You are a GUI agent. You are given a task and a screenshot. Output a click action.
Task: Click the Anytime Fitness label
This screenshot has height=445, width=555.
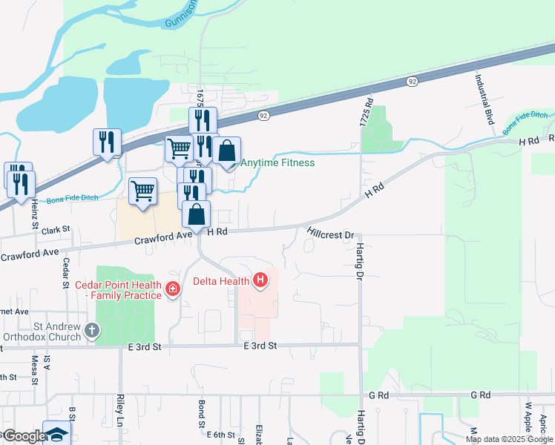coord(277,163)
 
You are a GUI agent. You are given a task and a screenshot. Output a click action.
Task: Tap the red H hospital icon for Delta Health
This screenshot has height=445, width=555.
coord(260,280)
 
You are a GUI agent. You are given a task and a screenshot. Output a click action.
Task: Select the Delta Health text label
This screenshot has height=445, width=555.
coord(222,281)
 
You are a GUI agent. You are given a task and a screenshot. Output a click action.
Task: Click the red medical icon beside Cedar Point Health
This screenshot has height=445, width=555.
coord(173,288)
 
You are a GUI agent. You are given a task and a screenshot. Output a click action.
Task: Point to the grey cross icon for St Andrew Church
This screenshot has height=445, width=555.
coord(91,331)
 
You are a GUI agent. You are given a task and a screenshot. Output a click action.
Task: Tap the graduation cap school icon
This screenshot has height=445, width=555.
coord(56,434)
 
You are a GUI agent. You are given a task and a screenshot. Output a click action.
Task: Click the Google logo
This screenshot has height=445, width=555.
coord(24,436)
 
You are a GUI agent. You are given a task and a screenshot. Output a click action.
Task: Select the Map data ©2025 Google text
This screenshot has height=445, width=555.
coord(509,439)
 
